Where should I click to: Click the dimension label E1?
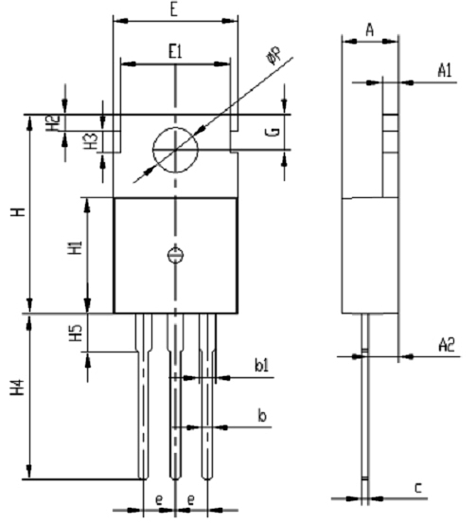point(175,52)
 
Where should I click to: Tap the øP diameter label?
point(273,56)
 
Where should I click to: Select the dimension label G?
point(273,132)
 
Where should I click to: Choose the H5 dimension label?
point(76,334)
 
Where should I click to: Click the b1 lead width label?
point(261,365)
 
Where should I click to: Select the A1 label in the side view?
point(445,70)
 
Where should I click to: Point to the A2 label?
point(447,345)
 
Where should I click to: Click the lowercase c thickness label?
point(418,488)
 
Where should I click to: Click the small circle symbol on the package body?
point(175,255)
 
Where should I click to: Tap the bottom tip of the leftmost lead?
point(143,479)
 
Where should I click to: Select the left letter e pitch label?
point(160,500)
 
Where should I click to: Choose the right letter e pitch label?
point(190,500)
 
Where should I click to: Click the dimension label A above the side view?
point(369,30)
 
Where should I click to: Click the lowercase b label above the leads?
point(262,416)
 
